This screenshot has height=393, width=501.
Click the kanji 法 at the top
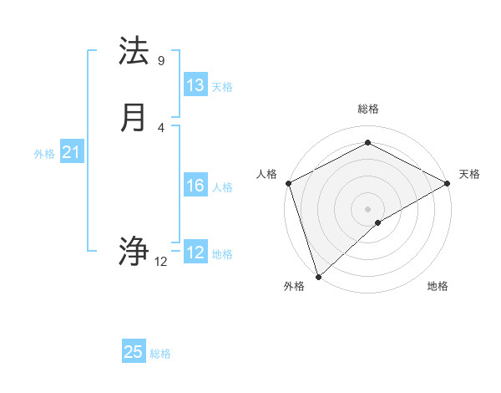(134, 52)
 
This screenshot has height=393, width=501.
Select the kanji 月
(134, 118)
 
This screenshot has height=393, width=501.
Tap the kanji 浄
(134, 251)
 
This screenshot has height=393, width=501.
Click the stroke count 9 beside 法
(161, 61)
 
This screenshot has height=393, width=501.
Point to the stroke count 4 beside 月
(161, 127)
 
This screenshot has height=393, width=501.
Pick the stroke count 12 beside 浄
(161, 262)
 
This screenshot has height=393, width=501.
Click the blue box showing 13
(195, 85)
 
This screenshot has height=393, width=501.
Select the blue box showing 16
(195, 186)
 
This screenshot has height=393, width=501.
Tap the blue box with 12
(195, 253)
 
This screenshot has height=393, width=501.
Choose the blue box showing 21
(71, 152)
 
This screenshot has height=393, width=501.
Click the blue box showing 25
(134, 352)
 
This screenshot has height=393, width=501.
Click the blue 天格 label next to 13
(222, 87)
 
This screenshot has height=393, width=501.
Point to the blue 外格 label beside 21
(44, 154)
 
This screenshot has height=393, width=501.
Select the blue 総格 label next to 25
(161, 354)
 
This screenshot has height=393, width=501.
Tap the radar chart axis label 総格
(368, 109)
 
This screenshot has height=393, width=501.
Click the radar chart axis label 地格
(438, 287)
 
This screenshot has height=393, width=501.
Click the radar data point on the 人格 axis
(288, 183)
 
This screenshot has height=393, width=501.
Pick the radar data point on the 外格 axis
(318, 277)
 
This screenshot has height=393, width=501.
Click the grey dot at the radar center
(368, 209)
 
